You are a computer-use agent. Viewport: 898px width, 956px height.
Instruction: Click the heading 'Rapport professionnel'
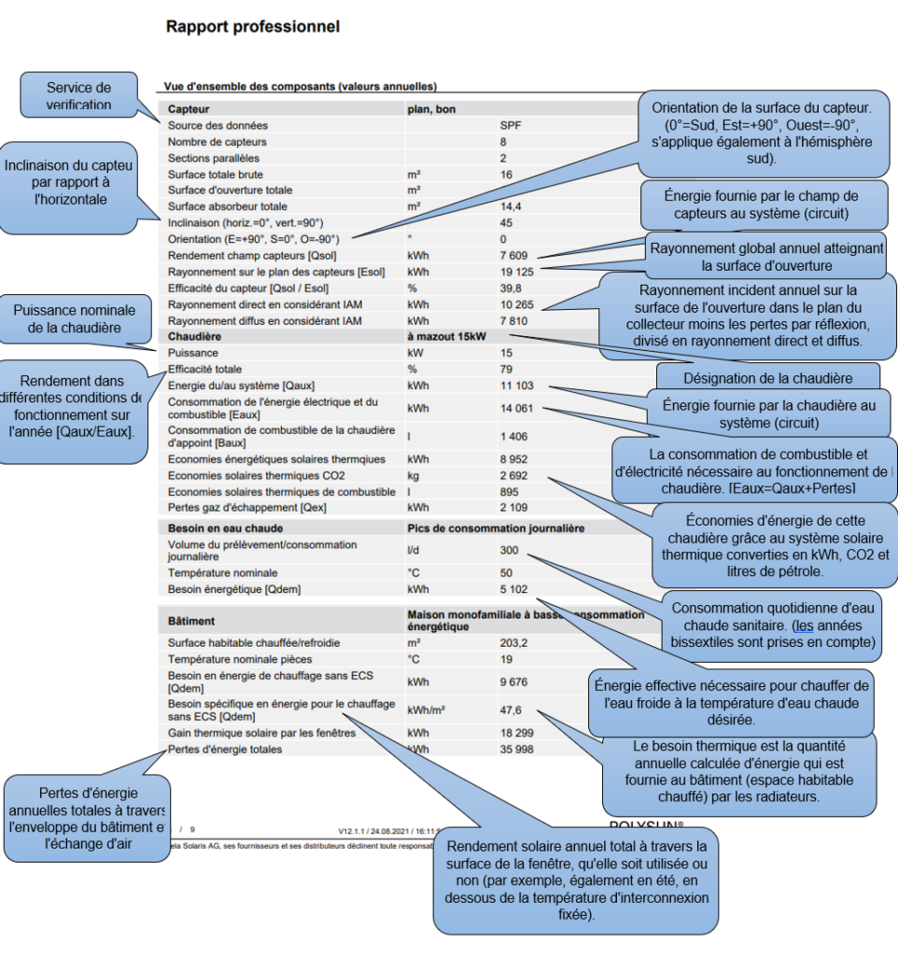252,26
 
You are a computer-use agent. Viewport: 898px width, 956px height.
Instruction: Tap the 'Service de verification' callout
78,95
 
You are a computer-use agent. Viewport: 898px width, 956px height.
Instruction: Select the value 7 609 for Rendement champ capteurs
513,255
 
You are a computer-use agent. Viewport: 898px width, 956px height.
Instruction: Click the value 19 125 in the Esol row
516,272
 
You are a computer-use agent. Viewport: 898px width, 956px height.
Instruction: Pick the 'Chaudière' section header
195,336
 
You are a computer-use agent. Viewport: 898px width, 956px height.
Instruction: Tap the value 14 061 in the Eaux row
516,408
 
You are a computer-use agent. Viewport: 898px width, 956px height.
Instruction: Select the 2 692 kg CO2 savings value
513,475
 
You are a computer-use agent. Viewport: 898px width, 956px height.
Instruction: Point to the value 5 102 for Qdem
513,589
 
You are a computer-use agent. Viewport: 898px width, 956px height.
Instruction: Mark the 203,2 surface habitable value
513,642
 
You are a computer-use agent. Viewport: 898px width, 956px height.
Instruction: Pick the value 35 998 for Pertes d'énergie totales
516,749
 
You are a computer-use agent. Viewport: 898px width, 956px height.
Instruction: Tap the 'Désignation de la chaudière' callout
767,379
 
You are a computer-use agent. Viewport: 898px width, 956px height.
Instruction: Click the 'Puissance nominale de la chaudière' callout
75,319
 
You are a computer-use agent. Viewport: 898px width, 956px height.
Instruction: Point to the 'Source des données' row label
217,125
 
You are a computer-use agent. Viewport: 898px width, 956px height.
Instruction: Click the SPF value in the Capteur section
510,125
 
